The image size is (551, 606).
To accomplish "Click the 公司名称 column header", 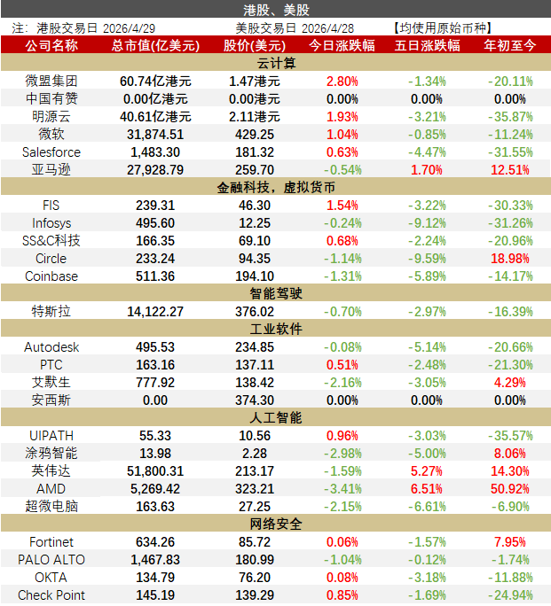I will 51,44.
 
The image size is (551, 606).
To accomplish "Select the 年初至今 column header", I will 510,44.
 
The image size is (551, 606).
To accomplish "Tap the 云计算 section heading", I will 275,63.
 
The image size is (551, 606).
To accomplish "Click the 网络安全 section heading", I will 275,524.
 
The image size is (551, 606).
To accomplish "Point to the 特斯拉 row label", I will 51,311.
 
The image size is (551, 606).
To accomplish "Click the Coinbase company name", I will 51,276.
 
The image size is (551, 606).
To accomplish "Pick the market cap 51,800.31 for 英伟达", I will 156,470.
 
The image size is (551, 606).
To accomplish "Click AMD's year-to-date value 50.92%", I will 510,488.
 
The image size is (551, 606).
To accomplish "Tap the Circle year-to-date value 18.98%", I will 510,258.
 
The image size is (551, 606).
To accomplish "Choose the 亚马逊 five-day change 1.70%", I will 427,169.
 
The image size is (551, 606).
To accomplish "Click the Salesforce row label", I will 51,151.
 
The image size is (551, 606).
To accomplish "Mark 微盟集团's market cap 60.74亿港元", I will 156,81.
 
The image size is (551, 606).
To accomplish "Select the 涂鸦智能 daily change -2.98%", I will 342,453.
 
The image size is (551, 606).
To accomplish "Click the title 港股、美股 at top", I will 275,9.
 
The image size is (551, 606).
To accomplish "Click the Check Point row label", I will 51,594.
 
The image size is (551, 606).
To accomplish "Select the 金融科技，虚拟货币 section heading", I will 275,187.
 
